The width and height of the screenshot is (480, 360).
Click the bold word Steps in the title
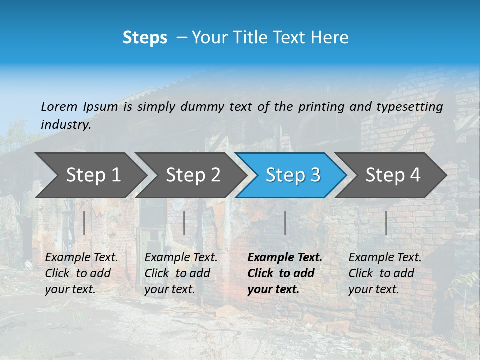tap(145, 37)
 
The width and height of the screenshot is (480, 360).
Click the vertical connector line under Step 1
tap(84, 223)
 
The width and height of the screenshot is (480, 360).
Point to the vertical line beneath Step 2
tap(184, 223)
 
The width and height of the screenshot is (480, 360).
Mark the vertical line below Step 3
tap(285, 223)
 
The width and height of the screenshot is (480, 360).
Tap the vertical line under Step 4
tap(386, 223)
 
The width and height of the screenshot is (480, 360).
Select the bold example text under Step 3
tap(284, 273)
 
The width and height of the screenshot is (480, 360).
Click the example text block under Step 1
tap(81, 273)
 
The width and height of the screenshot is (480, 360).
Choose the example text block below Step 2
tap(180, 273)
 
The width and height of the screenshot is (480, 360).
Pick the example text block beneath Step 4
tap(384, 273)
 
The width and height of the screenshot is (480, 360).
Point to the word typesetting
tap(409, 107)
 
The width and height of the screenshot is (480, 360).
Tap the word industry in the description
tap(65, 125)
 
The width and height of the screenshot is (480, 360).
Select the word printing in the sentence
tap(320, 107)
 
